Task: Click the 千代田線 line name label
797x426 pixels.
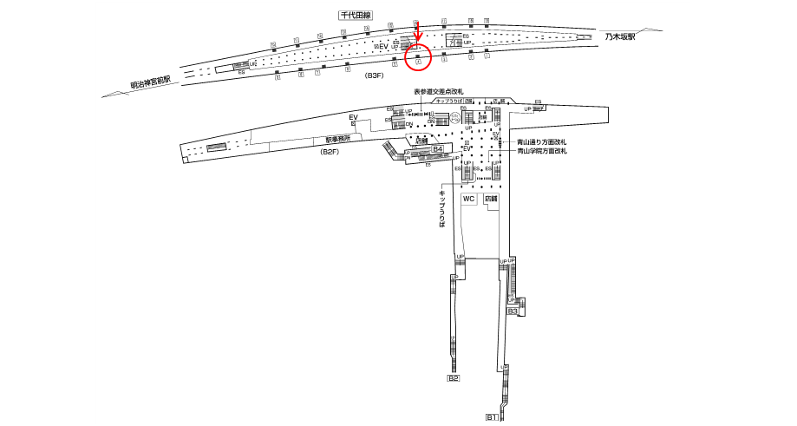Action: coord(355,16)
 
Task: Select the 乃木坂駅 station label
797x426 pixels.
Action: coord(621,37)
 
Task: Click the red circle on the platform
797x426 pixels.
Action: coord(419,60)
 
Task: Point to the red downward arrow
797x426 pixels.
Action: coord(418,33)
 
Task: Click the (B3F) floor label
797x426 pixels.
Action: coord(374,76)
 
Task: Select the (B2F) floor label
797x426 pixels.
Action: coord(330,153)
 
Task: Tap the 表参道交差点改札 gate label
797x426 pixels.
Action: coord(439,90)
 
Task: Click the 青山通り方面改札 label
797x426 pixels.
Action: coord(541,142)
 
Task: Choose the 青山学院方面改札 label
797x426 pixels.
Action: coord(541,151)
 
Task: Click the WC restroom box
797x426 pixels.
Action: coord(468,199)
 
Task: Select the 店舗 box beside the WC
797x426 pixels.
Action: coord(490,199)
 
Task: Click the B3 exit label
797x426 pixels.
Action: coord(513,311)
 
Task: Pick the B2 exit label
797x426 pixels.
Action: coord(453,378)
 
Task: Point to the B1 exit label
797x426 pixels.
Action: coord(491,417)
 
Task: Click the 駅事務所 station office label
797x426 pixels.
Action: coord(338,139)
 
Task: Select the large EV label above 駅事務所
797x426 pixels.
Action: coord(353,117)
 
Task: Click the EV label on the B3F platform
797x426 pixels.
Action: coord(382,46)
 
